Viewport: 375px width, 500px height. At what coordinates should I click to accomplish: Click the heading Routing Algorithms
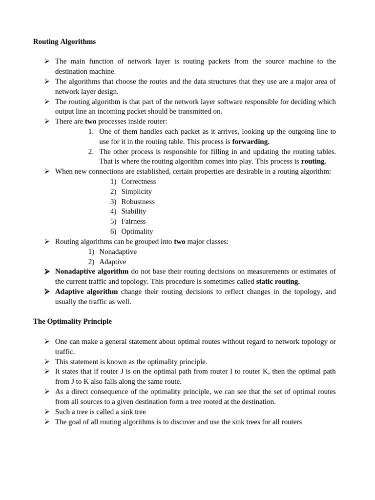64,42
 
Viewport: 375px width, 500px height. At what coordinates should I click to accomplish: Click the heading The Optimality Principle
72,321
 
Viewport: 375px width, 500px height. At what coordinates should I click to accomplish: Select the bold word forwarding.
250,141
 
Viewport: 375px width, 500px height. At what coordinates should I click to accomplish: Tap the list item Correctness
139,181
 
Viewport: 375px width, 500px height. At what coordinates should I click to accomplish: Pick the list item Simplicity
137,191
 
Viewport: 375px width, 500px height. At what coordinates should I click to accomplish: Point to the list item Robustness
138,201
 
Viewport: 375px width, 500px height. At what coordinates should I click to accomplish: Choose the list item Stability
134,211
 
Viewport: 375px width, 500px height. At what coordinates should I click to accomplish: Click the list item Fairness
133,221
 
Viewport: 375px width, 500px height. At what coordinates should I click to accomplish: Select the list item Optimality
137,231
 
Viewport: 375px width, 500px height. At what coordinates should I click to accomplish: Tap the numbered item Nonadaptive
118,251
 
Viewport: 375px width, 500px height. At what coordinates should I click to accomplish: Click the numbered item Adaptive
112,262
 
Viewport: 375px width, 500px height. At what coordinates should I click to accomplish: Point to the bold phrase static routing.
278,281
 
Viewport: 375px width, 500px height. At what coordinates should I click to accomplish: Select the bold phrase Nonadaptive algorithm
92,271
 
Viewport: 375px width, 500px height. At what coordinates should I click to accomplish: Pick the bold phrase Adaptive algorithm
86,292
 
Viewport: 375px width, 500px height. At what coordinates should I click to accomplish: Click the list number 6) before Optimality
113,231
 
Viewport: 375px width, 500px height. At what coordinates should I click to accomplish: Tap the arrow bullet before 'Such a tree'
47,411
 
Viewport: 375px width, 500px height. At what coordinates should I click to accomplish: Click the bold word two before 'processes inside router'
91,121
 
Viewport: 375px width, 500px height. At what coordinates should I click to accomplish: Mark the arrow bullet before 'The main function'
47,61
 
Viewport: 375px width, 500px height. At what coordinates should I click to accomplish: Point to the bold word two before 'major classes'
180,241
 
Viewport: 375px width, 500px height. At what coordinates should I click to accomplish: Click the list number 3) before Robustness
113,201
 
